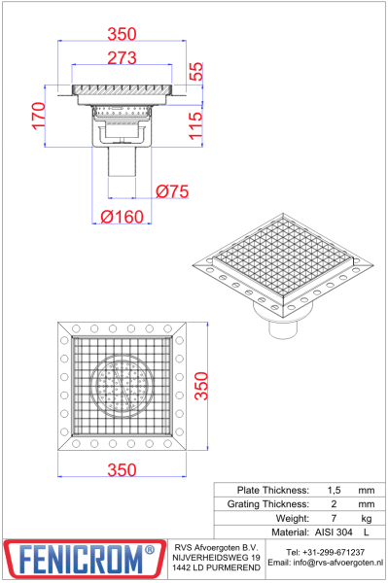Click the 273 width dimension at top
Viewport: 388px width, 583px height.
point(122,58)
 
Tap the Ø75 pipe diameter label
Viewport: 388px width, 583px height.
point(171,191)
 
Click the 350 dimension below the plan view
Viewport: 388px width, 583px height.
point(122,470)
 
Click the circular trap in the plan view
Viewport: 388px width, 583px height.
point(123,386)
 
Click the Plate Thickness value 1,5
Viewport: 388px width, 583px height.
point(335,490)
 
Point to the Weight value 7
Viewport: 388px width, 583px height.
point(335,519)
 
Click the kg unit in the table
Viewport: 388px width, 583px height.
point(366,519)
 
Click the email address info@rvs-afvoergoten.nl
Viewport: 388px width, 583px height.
point(326,563)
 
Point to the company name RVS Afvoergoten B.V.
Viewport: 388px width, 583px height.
point(216,547)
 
